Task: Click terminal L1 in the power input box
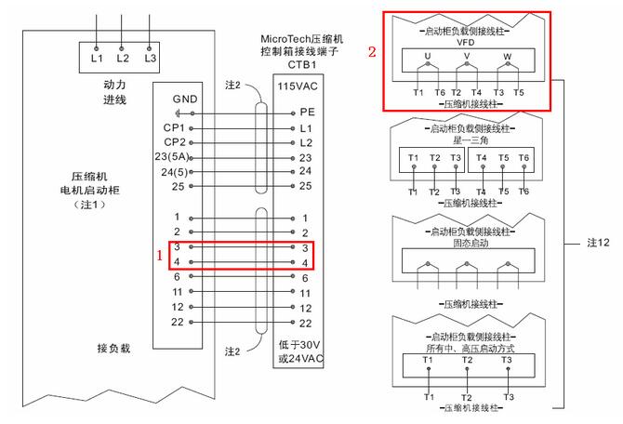coord(97,58)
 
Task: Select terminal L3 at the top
coord(150,58)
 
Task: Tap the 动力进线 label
coord(115,92)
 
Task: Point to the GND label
coord(185,99)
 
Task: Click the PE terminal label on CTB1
coord(307,112)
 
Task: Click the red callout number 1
coord(159,254)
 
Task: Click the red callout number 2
coord(372,53)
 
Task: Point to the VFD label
coord(467,44)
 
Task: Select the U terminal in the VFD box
coord(428,58)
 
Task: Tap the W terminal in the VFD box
coord(507,58)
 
